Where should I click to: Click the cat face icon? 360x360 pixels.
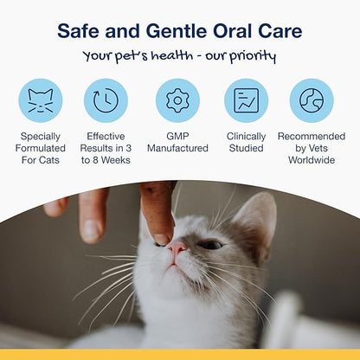pyautogui.click(x=40, y=100)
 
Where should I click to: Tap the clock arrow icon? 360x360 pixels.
pyautogui.click(x=106, y=100)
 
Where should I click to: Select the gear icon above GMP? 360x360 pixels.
pyautogui.click(x=177, y=100)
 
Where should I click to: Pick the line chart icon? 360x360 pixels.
pyautogui.click(x=246, y=100)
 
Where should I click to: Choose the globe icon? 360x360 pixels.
pyautogui.click(x=312, y=100)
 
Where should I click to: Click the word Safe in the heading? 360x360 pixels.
pyautogui.click(x=77, y=32)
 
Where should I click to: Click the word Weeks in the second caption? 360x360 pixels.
pyautogui.click(x=116, y=161)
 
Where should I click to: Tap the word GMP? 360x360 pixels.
pyautogui.click(x=177, y=137)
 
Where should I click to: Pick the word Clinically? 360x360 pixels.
pyautogui.click(x=246, y=137)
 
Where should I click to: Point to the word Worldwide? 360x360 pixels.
pyautogui.click(x=312, y=161)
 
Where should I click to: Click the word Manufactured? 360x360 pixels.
pyautogui.click(x=177, y=149)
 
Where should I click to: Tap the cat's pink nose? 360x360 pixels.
pyautogui.click(x=176, y=251)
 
